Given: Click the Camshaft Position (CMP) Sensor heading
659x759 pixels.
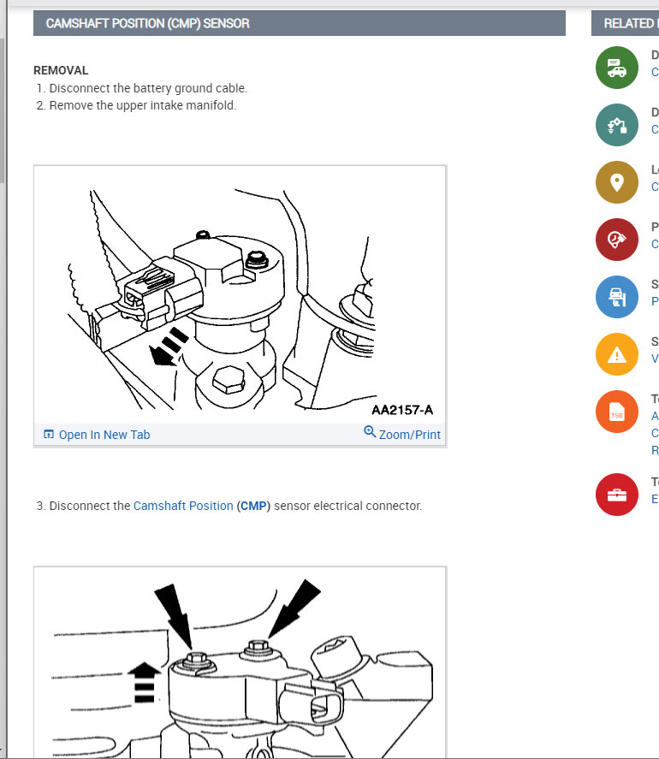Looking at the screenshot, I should coord(147,23).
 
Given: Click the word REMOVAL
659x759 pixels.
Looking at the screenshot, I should coord(61,70).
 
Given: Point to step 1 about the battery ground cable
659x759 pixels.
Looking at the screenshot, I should coord(147,88).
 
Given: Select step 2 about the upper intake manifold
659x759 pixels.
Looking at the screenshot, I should coord(142,105).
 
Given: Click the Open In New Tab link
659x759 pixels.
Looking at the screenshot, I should coord(104,435).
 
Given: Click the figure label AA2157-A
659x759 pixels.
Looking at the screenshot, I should coord(402,410).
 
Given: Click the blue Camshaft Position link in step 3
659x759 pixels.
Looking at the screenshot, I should coord(183,506).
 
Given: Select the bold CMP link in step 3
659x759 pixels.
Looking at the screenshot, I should coord(253,506).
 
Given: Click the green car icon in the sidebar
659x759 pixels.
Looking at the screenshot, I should coord(617,68).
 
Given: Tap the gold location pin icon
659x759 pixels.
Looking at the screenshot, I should coord(617,182).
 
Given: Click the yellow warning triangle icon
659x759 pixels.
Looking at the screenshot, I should coord(617,354).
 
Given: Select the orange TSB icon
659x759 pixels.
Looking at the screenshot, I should coord(617,412).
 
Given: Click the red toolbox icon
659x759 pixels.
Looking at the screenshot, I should coord(617,495).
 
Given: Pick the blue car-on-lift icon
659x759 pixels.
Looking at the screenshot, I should coord(617,297).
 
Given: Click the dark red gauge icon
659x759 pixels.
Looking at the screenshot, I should coord(617,240).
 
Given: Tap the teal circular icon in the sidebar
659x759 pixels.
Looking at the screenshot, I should coord(617,125).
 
